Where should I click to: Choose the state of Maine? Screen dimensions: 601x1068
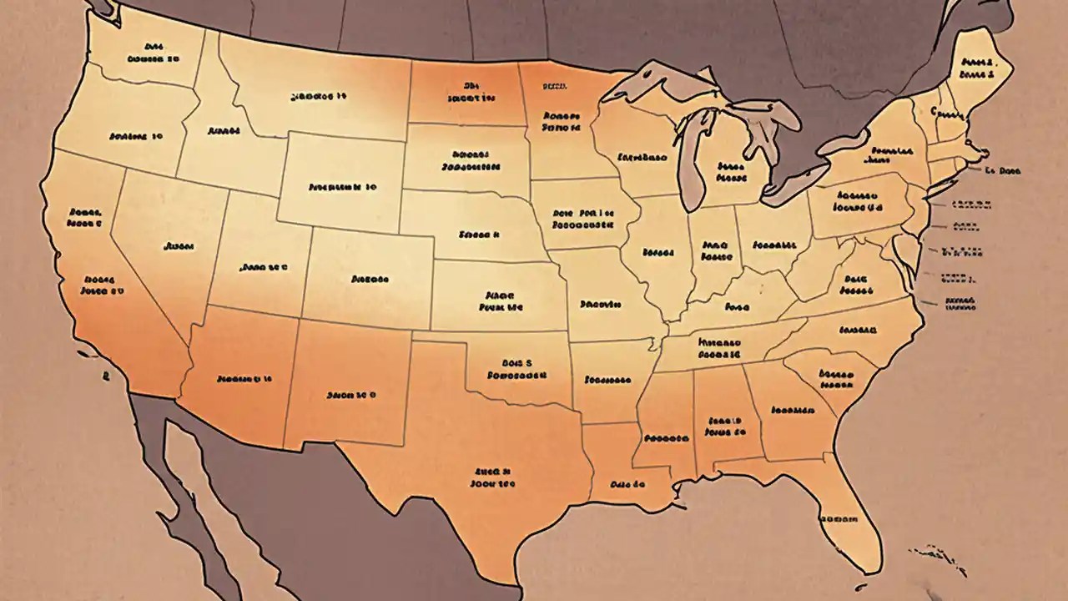976,67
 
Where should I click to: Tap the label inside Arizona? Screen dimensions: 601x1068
244,379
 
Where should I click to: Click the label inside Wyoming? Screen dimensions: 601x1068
342,187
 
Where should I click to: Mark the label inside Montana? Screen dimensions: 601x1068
318,97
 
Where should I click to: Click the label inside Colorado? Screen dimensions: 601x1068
366,278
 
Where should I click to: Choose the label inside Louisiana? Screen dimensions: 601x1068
628,483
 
